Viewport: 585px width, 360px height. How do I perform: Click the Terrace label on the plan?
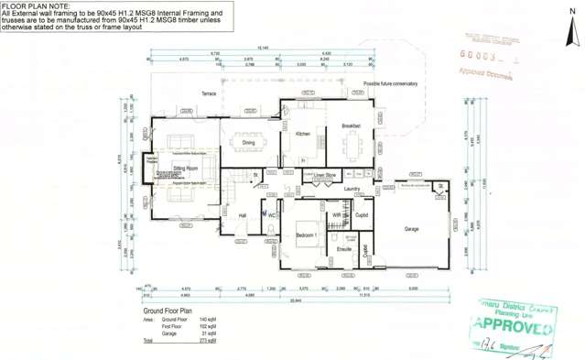click(210, 94)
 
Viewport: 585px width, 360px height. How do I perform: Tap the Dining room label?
click(248, 143)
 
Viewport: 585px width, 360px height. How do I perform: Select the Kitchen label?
click(303, 134)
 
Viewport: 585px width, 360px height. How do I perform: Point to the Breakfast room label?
click(352, 125)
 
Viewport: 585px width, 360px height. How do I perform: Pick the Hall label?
click(243, 215)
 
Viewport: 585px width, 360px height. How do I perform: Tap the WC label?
click(272, 216)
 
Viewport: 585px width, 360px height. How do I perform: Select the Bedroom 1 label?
click(307, 235)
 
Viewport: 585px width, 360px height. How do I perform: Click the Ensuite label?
click(344, 248)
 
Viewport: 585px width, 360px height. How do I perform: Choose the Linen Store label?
click(326, 174)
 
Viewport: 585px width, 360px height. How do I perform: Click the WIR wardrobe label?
click(337, 215)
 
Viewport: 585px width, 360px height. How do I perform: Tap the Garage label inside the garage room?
click(412, 228)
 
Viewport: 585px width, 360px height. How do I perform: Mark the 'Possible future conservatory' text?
click(390, 83)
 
